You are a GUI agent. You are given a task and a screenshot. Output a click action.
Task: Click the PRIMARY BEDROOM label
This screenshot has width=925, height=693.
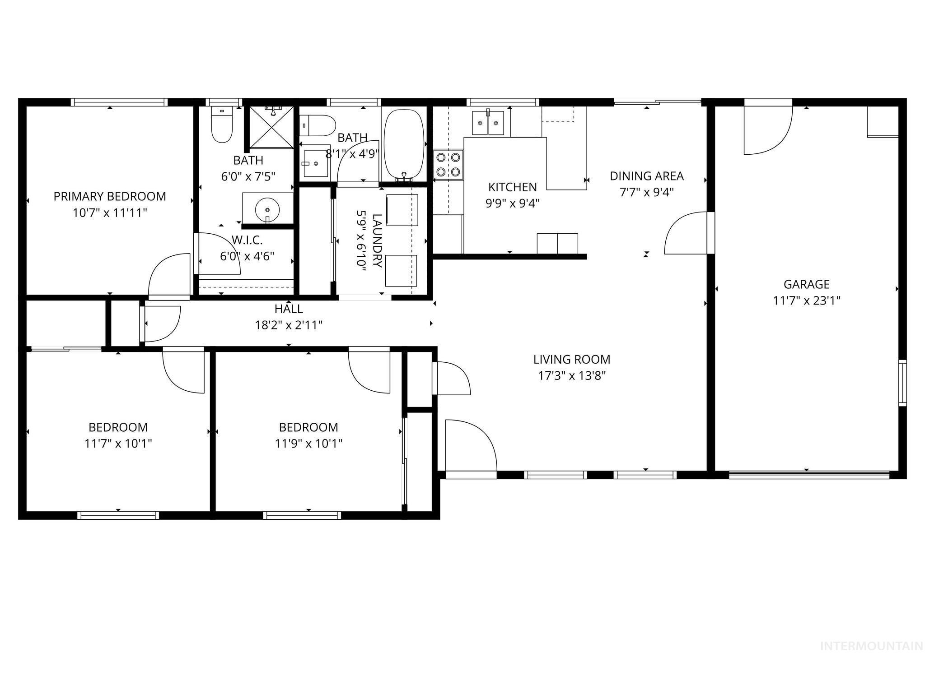110,196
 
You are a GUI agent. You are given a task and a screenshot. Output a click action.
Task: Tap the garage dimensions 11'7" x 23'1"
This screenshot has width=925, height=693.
806,300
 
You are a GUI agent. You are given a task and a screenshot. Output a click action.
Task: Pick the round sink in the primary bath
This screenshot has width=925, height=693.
267,209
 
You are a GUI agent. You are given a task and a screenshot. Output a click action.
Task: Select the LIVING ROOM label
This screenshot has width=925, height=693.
571,360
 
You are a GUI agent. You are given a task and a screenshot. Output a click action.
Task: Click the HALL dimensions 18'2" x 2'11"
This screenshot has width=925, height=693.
289,325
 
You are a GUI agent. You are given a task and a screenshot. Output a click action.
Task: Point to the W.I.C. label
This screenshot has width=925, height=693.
247,240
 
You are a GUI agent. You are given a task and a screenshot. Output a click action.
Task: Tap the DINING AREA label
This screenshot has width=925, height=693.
646,176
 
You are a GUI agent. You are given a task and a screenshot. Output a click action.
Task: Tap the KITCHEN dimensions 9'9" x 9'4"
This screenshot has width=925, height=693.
512,203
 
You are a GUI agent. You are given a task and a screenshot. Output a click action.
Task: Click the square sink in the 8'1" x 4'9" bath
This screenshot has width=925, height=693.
316,161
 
